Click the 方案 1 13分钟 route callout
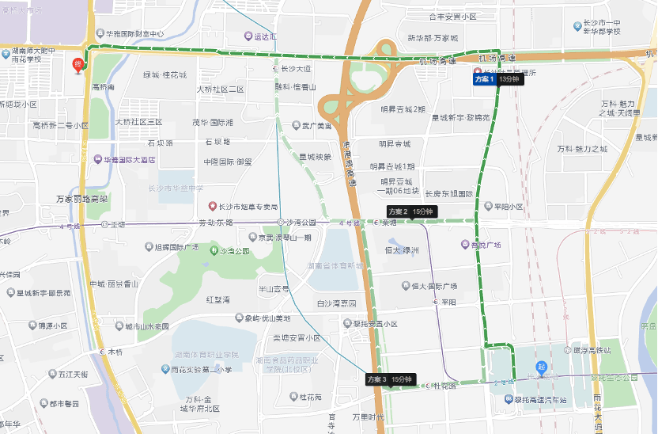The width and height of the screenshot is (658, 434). click(x=497, y=79)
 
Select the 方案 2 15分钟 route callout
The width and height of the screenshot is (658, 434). click(x=410, y=211)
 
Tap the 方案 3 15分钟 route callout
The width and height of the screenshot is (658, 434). click(x=390, y=379)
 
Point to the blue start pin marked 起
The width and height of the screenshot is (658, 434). click(x=542, y=367)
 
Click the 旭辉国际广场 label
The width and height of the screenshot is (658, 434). click(x=187, y=247)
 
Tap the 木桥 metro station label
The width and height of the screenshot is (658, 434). click(x=112, y=351)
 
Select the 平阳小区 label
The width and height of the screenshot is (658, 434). click(x=505, y=206)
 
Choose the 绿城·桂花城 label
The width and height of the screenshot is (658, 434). click(x=164, y=74)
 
